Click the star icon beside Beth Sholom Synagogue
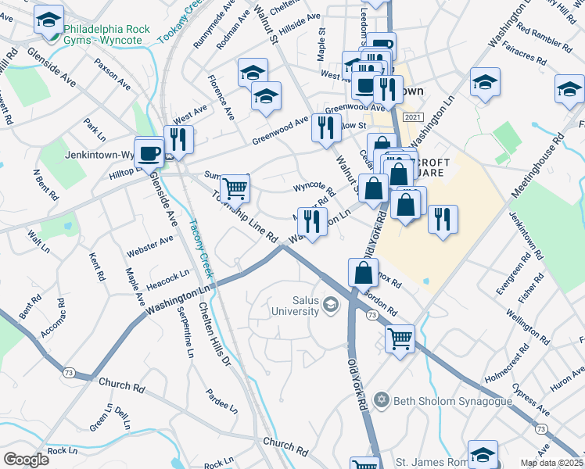[382, 399]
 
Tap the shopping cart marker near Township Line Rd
[235, 188]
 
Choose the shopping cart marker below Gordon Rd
[400, 338]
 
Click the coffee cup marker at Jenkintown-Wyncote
[149, 151]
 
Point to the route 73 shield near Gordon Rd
[371, 314]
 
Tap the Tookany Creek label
[178, 22]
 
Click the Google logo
[26, 460]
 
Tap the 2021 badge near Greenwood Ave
[412, 116]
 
